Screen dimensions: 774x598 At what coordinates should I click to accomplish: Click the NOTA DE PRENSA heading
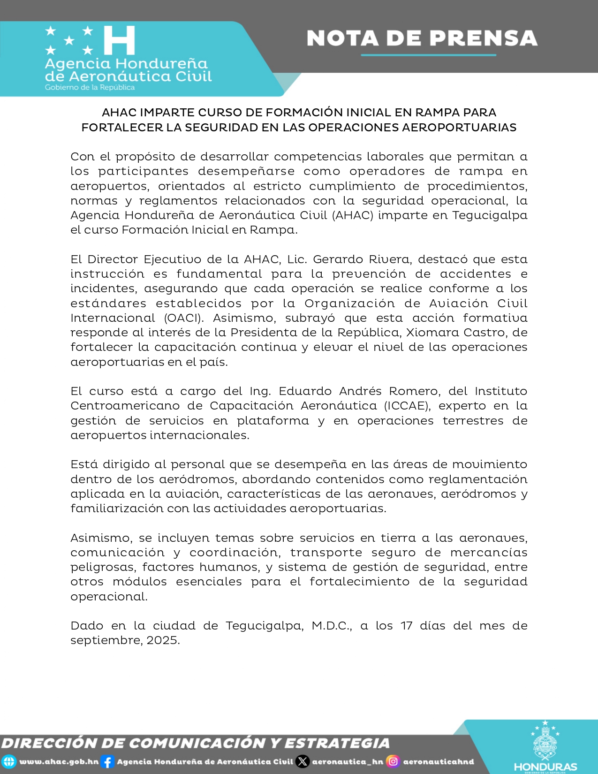422,38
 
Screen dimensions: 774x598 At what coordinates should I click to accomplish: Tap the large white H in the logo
120,40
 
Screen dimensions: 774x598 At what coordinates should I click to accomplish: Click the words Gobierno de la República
90,87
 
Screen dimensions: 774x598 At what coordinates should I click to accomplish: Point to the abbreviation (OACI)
184,318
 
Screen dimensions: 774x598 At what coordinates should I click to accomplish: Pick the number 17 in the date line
406,626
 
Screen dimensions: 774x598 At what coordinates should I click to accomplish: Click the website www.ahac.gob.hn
59,762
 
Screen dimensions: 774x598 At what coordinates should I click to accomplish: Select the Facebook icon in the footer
107,762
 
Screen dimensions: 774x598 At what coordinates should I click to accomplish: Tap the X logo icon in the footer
303,762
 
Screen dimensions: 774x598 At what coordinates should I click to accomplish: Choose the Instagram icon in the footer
394,762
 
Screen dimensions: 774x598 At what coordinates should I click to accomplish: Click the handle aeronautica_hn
348,762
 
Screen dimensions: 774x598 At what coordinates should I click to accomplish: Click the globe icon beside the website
9,762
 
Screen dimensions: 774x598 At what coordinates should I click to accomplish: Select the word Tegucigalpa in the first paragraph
490,215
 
